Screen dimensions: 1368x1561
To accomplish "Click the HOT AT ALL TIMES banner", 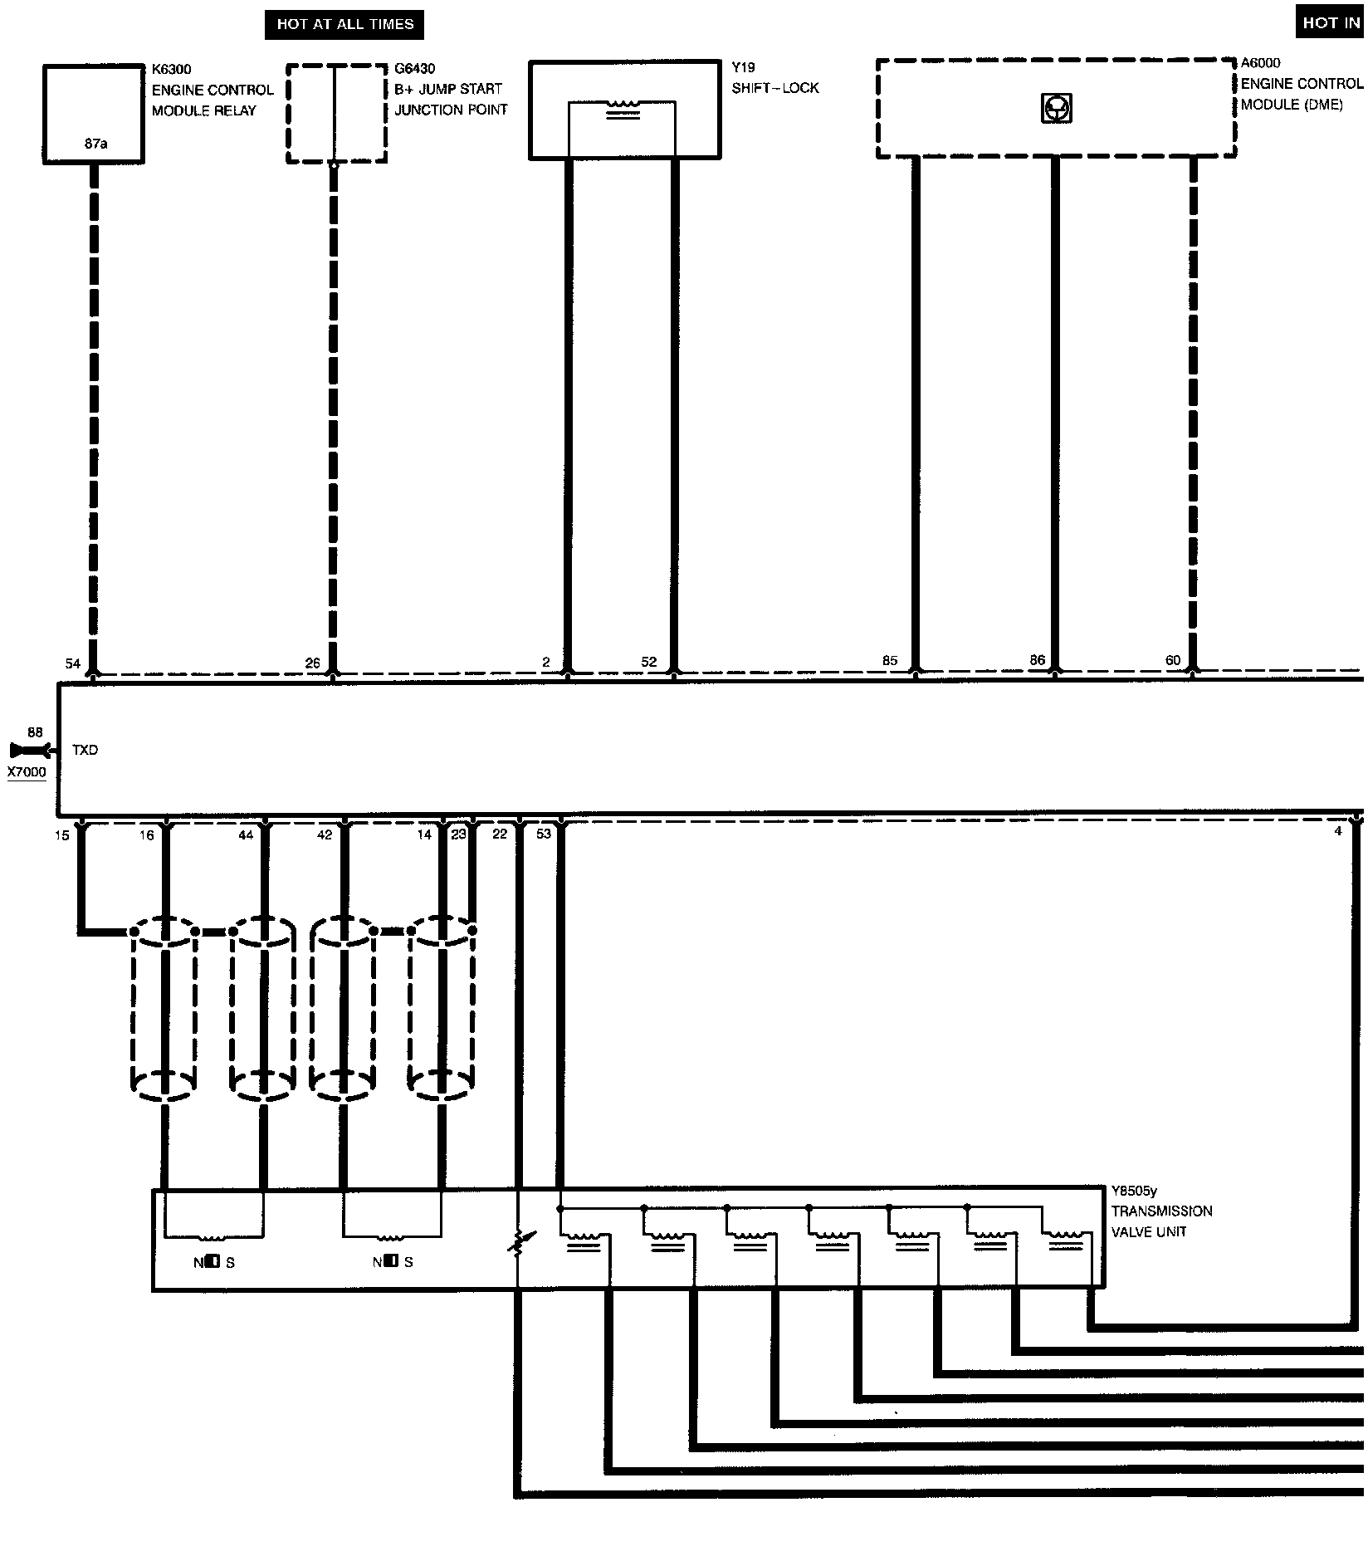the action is tap(344, 24).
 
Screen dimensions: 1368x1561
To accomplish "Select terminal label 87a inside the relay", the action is tap(95, 144).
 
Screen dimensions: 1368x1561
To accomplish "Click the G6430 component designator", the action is tap(415, 68).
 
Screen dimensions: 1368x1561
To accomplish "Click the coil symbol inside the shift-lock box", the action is tap(623, 110).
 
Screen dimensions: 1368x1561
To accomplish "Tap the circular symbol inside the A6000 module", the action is tap(1056, 108).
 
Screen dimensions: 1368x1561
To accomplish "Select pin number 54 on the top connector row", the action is tap(73, 663).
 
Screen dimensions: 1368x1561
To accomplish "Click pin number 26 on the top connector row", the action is tap(312, 663).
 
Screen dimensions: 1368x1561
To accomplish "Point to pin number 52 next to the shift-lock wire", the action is tap(649, 662).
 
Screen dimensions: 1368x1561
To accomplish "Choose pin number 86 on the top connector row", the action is tap(1038, 661).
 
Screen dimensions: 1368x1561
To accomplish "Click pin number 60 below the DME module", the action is tap(1173, 661).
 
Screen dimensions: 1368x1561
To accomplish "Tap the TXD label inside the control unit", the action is tap(85, 750).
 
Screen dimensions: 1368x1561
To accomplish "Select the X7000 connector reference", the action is tap(27, 772).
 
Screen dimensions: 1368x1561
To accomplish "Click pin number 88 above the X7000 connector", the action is tap(35, 732).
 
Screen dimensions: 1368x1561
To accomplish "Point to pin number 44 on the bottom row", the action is tap(246, 835).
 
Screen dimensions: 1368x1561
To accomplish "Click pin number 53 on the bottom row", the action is tap(544, 834).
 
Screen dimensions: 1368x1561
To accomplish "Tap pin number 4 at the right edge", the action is tap(1337, 830).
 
